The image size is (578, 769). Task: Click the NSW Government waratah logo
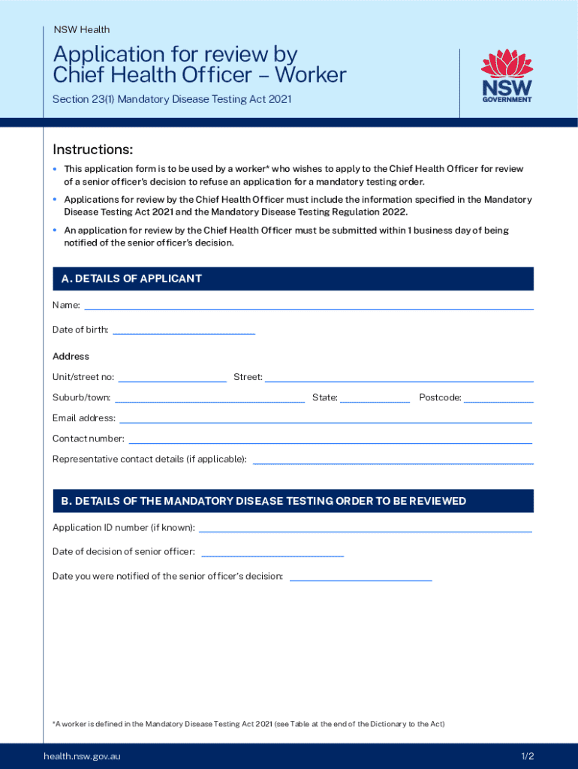tap(507, 76)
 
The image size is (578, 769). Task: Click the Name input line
tap(309, 304)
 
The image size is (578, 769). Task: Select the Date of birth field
tap(183, 329)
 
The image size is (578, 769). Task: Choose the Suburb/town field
tap(209, 397)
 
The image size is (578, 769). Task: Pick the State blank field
tap(375, 397)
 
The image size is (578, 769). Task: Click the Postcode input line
tap(498, 397)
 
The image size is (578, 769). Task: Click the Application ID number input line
tap(365, 527)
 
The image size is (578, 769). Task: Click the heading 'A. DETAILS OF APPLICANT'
tap(132, 279)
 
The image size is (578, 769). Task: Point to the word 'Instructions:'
tap(92, 149)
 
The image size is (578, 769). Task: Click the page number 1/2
tap(528, 755)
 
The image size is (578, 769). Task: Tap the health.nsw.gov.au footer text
tap(82, 755)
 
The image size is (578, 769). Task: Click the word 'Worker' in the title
tap(310, 75)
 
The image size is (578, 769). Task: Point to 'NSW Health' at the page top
tap(82, 29)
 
